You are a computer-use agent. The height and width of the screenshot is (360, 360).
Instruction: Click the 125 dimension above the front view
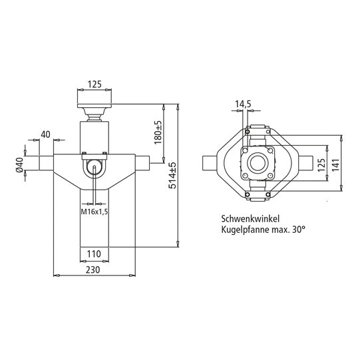tap(95, 85)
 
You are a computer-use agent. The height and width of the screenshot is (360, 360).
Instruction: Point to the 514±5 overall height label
tap(172, 174)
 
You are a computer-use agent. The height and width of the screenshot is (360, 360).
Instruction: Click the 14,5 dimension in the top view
tap(243, 104)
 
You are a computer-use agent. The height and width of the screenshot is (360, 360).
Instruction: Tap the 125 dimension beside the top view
tap(321, 164)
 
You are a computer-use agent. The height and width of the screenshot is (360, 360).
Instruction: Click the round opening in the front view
tap(95, 168)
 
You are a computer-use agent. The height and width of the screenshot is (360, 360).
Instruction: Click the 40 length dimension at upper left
tap(45, 135)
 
